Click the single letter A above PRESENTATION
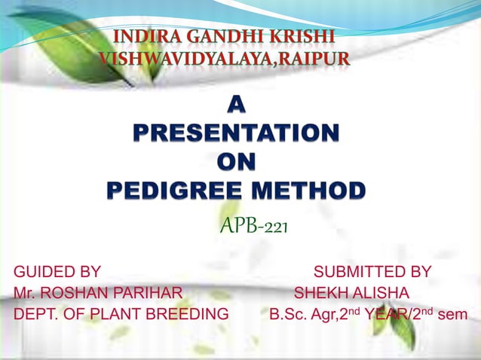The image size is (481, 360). pos(236,108)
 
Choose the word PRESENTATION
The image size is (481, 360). pos(236,135)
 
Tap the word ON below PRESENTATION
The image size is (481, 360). pos(236,162)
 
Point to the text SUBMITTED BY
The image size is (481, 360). pos(372,272)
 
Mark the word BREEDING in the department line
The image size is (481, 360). pos(191,314)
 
